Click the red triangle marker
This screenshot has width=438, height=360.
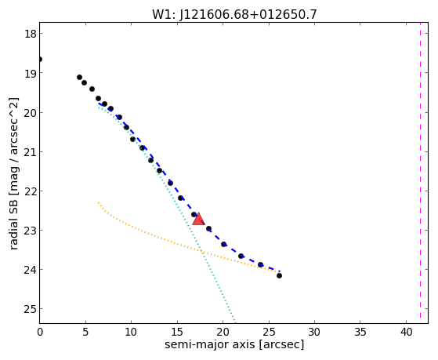tap(198, 219)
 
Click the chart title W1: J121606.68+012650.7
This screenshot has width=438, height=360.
tap(234, 14)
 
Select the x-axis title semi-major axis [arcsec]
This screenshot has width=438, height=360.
tap(234, 344)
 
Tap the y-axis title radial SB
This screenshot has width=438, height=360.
tap(13, 222)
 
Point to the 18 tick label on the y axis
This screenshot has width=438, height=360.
tap(30, 34)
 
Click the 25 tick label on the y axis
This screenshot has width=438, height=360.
tap(30, 309)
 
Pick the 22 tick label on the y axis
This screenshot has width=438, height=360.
tap(30, 191)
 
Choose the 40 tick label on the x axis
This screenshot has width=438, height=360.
tap(406, 332)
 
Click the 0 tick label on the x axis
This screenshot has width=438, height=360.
tap(40, 332)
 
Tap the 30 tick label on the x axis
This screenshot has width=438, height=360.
tap(314, 332)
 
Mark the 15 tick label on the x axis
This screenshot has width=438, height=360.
tap(177, 332)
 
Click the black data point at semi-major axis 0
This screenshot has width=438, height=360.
tap(40, 60)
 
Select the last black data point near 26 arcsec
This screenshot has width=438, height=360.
tap(279, 276)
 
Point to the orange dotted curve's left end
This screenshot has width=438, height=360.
tap(99, 202)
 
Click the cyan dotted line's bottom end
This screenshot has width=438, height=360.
tap(235, 322)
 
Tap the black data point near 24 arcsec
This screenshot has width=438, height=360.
tap(260, 264)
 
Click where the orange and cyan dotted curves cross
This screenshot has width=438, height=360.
tap(201, 253)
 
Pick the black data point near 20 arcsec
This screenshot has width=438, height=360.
tap(223, 244)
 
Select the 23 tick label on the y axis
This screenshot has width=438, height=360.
tap(30, 231)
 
